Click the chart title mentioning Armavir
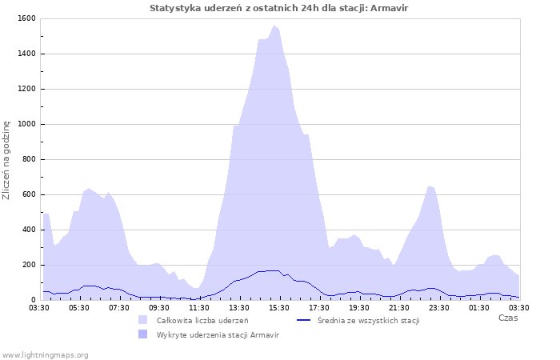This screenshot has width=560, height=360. (284, 8)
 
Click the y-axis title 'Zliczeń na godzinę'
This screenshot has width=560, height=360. (6, 160)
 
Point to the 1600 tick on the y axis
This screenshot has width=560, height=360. (26, 18)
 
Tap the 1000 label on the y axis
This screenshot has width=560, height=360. (26, 124)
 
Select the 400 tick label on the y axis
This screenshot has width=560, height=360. (28, 230)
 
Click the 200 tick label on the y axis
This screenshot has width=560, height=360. (28, 265)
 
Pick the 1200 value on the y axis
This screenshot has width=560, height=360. (26, 89)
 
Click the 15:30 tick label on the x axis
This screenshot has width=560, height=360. (279, 307)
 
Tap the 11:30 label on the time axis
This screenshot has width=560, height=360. (199, 307)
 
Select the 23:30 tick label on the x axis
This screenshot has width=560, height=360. (439, 307)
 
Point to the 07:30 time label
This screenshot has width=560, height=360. (119, 307)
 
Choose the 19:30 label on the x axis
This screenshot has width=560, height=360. (359, 307)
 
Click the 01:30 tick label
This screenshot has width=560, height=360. (479, 307)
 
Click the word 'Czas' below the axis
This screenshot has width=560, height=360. (507, 318)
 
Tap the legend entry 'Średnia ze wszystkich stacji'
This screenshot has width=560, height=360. (368, 320)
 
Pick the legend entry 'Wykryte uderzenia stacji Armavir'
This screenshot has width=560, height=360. (218, 334)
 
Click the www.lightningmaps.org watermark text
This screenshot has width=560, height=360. (45, 354)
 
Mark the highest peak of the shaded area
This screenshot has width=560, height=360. (274, 26)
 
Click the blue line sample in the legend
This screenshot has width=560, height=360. (303, 320)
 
